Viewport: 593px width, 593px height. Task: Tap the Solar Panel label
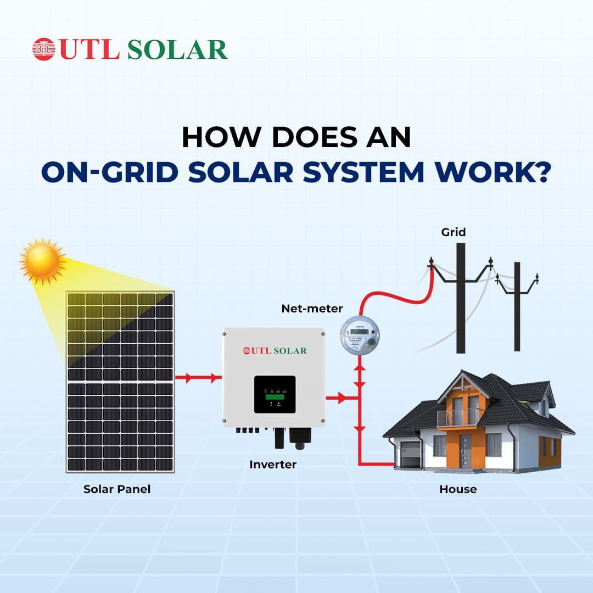click(x=117, y=489)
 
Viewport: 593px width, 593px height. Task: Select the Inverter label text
click(x=273, y=465)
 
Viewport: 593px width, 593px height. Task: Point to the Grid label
click(x=454, y=232)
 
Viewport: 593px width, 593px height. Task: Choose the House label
click(x=458, y=489)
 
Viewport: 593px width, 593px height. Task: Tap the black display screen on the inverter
click(x=275, y=394)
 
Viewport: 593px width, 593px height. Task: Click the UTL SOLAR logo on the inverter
click(x=275, y=351)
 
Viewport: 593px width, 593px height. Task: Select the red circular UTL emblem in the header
click(x=44, y=49)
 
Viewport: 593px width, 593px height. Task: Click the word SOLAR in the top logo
click(x=177, y=50)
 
